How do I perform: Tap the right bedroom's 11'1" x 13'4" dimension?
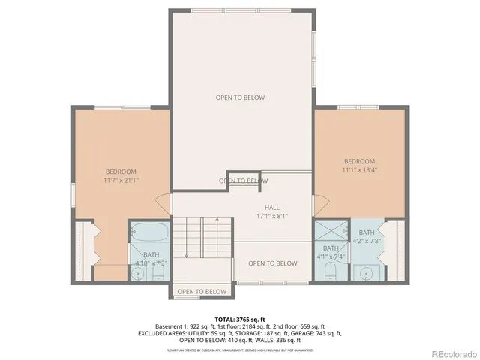(359, 171)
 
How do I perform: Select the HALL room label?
(271, 207)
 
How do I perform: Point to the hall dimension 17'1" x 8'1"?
(271, 216)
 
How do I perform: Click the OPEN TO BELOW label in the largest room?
(240, 97)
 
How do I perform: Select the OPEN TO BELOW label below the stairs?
(202, 292)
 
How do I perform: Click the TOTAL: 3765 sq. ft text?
(240, 319)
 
